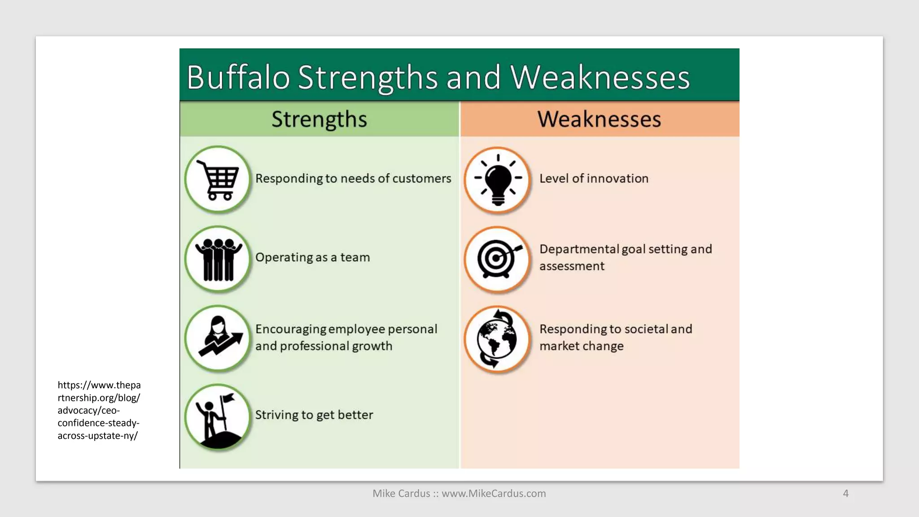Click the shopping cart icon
click(x=218, y=179)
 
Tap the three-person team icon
click(x=218, y=259)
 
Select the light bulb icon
click(x=498, y=179)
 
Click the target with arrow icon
click(x=497, y=259)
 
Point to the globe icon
click(x=497, y=339)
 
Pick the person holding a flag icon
click(x=218, y=417)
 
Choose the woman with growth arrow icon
click(x=218, y=338)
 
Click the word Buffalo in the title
click(x=238, y=77)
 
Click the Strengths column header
click(x=319, y=119)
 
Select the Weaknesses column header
click(x=599, y=119)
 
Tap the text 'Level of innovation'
click(x=594, y=179)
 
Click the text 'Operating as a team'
click(x=312, y=258)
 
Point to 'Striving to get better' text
click(x=314, y=415)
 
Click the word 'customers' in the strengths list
click(x=422, y=179)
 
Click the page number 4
click(x=845, y=493)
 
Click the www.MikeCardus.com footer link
click(x=494, y=493)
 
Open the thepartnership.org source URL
click(x=99, y=410)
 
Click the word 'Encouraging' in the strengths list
click(x=291, y=329)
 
